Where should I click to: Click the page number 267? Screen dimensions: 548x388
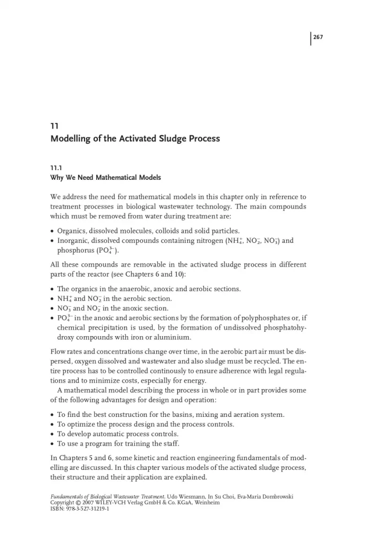pos(318,37)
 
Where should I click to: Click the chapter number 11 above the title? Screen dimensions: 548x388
pos(54,127)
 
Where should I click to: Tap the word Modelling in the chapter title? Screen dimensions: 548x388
pos(71,139)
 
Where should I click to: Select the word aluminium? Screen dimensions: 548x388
pos(173,337)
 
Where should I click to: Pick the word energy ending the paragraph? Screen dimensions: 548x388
pos(195,380)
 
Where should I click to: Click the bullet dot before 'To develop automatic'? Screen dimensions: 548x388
pos(52,434)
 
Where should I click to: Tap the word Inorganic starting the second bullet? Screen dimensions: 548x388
pos(75,241)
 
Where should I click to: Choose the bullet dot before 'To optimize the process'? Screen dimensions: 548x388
pos(52,424)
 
